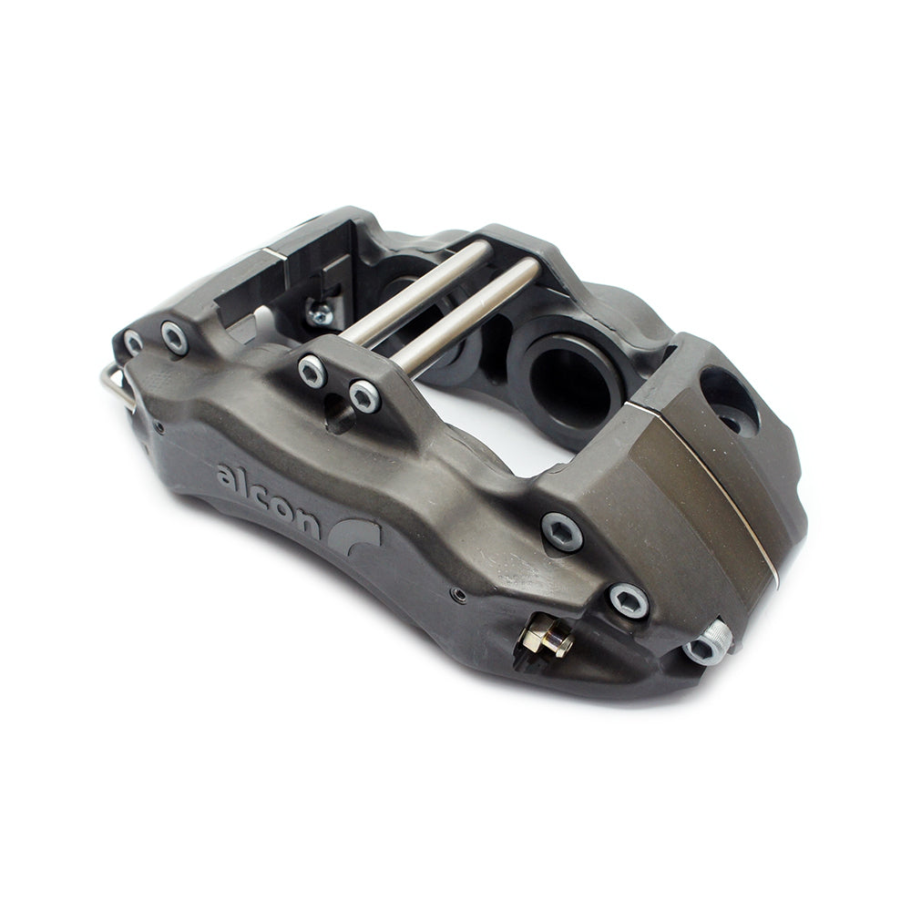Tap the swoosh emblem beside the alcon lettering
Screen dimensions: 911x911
(x=359, y=537)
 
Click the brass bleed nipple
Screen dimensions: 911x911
(x=549, y=640)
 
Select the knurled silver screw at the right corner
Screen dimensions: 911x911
(x=710, y=642)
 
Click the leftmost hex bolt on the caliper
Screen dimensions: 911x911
(x=134, y=343)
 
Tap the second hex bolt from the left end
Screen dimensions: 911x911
(x=175, y=338)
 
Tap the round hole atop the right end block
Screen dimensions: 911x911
(x=729, y=400)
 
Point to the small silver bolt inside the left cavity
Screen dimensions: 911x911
(x=320, y=314)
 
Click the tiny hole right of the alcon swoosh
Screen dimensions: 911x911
(x=459, y=596)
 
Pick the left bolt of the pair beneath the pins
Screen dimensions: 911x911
(x=312, y=371)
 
